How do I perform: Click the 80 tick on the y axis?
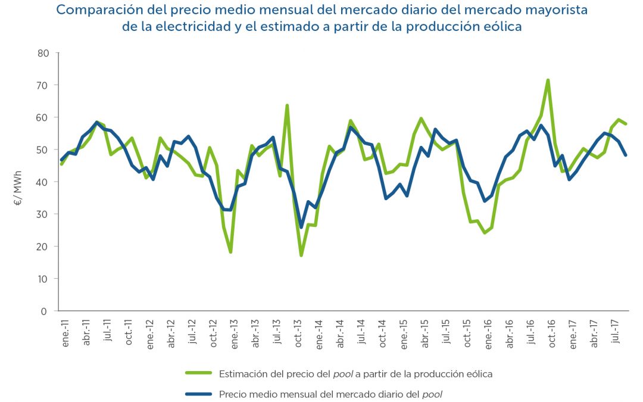(x=43, y=52)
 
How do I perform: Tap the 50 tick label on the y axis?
(x=43, y=149)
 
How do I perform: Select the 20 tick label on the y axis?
(x=43, y=247)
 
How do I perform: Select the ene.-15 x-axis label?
(x=404, y=334)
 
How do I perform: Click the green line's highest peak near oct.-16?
(x=548, y=80)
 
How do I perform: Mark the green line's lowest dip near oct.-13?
(x=301, y=255)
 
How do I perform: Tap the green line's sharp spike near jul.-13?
(x=287, y=105)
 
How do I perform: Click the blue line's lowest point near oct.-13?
(x=301, y=228)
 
